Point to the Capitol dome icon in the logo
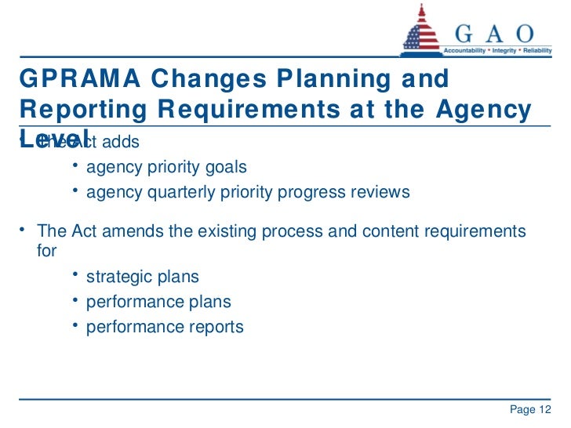[422, 34]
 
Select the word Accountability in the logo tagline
[467, 49]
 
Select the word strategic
[118, 277]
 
